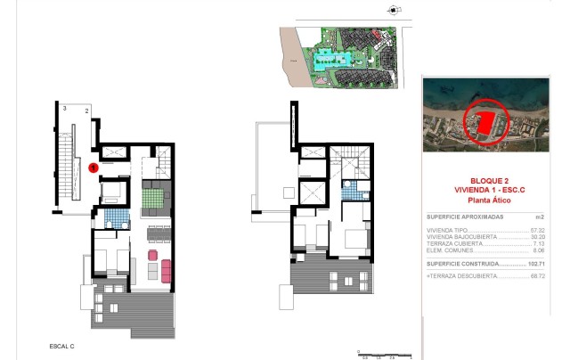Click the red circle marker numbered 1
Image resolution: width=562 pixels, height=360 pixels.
tap(94, 167)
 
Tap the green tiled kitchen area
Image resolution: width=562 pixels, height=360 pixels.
tap(151, 193)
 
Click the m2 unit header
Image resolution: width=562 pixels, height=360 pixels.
tap(539, 217)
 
